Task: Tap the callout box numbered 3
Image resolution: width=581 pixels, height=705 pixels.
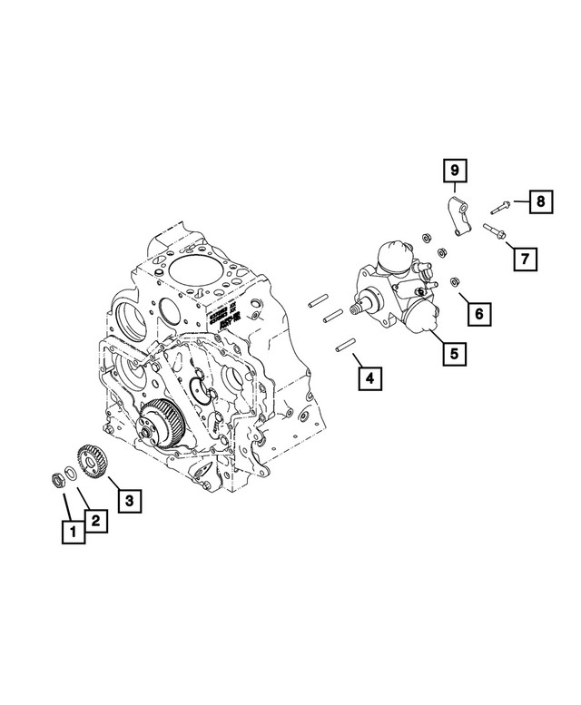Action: point(129,499)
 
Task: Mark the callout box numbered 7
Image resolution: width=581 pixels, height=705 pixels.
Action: point(524,259)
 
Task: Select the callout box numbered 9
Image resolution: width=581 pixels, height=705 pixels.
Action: point(454,170)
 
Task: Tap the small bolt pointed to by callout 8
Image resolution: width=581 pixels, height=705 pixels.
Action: point(502,204)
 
